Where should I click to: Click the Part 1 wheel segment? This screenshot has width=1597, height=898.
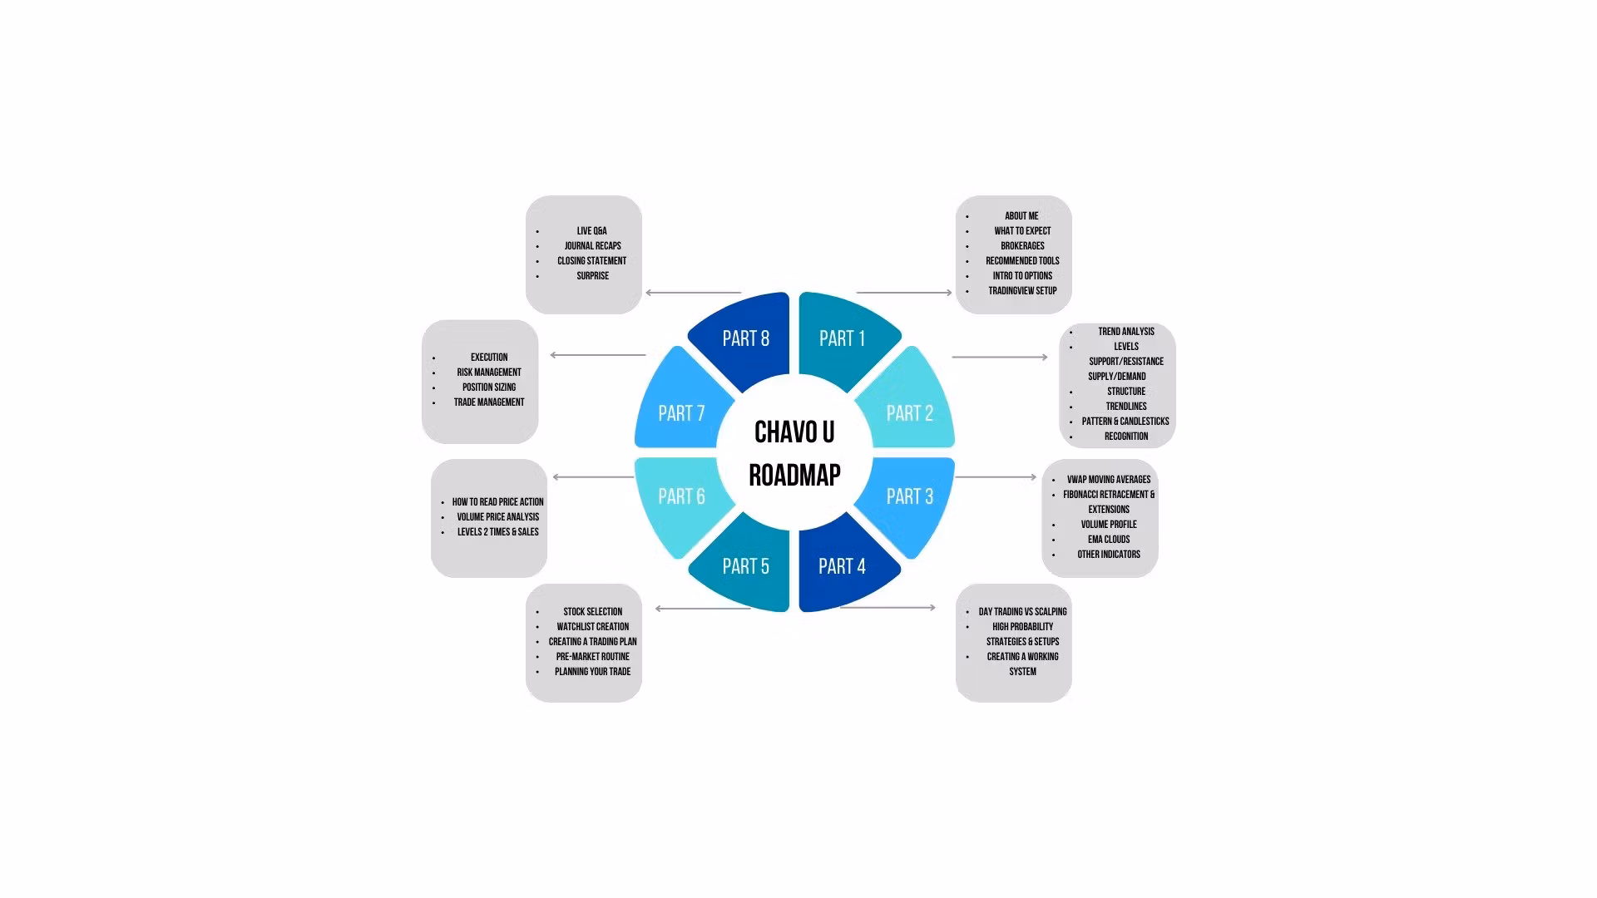pos(842,339)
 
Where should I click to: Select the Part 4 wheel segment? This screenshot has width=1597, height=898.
pos(842,566)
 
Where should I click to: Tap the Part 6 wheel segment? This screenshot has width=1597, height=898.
pos(681,496)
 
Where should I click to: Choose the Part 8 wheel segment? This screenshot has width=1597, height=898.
pos(745,339)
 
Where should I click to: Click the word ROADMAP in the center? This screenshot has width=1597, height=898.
pos(794,476)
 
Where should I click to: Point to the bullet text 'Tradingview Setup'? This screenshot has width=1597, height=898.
pos(1022,291)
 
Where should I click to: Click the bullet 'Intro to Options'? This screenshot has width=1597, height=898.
pos(1022,276)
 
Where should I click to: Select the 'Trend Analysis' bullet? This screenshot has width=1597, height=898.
pos(1126,332)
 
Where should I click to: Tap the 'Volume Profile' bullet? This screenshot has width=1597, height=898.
pos(1109,525)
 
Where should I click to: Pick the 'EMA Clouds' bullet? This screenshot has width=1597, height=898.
pos(1109,540)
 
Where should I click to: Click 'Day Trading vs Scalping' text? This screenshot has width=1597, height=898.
pos(1022,612)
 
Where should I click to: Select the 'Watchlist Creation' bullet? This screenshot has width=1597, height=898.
pos(593,627)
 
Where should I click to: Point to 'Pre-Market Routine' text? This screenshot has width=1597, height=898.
pos(593,657)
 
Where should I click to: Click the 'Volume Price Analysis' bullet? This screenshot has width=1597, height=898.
pos(498,517)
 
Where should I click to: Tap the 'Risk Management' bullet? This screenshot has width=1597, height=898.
pos(489,373)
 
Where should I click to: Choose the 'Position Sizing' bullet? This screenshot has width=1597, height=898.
pos(489,387)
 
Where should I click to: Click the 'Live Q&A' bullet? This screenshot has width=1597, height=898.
pos(592,231)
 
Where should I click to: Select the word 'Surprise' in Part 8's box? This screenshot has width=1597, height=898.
pos(593,276)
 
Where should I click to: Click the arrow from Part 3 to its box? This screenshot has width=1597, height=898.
pos(996,477)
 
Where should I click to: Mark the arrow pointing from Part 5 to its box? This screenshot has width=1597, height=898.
pos(703,609)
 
